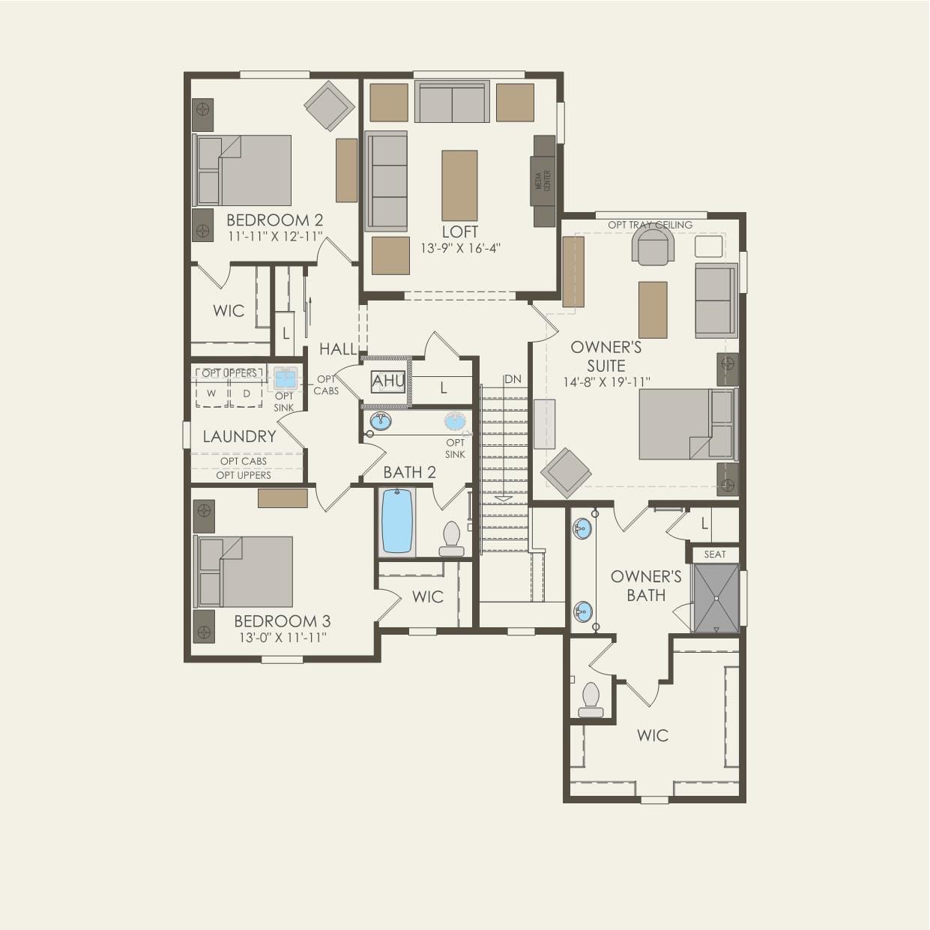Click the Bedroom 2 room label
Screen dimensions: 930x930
click(x=274, y=220)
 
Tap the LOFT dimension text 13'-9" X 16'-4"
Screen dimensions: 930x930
click(x=459, y=248)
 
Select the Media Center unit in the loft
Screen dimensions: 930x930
click(x=544, y=181)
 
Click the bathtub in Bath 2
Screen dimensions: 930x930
click(x=396, y=522)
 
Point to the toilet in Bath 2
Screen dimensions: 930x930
click(x=451, y=539)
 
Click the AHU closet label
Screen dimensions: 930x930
click(x=388, y=381)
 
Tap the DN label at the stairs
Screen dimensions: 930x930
click(x=513, y=379)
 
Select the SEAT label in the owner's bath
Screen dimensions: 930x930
click(x=715, y=555)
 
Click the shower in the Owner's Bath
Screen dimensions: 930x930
click(x=716, y=598)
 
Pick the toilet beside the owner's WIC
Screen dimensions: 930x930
click(x=591, y=699)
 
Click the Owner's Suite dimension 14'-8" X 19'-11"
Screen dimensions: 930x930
click(x=606, y=382)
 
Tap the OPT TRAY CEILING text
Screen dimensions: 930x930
click(x=650, y=225)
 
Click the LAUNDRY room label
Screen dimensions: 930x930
click(x=239, y=436)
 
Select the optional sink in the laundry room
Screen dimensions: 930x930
click(x=285, y=378)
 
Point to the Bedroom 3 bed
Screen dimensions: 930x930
click(x=244, y=571)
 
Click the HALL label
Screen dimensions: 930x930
click(x=338, y=348)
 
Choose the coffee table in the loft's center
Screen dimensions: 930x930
click(x=459, y=185)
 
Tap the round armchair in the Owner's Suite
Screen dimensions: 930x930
click(x=653, y=245)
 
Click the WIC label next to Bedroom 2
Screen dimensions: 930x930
click(x=229, y=311)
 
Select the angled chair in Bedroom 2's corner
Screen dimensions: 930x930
click(x=329, y=106)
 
